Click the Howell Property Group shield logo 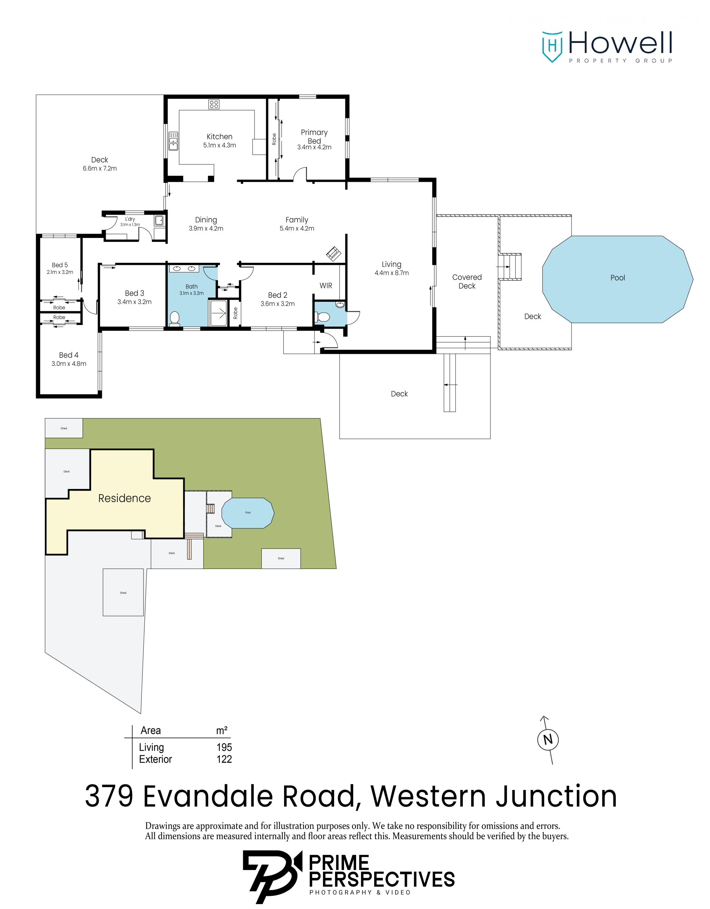coord(552,47)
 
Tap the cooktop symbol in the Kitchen coord(214,104)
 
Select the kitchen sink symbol coord(173,141)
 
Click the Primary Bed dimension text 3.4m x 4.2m coord(314,147)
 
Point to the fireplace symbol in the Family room coord(333,254)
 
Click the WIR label coord(326,285)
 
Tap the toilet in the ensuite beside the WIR coord(323,317)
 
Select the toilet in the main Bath coord(175,318)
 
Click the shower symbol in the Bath coord(218,312)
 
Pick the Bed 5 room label coord(60,265)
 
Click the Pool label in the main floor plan coord(618,278)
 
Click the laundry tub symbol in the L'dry coord(159,220)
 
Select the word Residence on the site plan coord(125,498)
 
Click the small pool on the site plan coord(248,513)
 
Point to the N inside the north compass coord(548,740)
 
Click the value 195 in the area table coord(224,747)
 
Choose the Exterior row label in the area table coord(155,759)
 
